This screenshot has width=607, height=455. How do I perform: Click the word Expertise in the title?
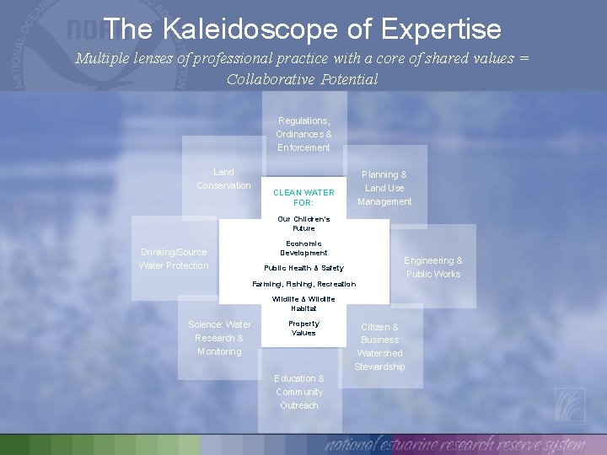click(441, 29)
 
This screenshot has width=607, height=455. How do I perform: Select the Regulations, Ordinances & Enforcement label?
click(303, 134)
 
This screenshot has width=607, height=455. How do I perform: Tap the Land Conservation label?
click(223, 179)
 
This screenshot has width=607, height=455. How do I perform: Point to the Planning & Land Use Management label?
click(384, 188)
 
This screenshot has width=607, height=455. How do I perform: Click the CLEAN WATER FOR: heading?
click(303, 197)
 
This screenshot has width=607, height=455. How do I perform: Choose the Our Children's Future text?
click(303, 223)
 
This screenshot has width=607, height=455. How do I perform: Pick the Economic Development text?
click(303, 248)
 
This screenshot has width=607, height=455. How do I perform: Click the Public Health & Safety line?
click(303, 268)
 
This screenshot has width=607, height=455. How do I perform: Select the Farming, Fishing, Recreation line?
click(303, 284)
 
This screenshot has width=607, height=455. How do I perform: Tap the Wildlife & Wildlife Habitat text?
click(303, 303)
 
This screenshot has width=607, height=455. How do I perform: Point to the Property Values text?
click(303, 328)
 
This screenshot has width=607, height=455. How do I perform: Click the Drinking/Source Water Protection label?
click(174, 259)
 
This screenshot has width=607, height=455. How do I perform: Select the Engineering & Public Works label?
click(433, 267)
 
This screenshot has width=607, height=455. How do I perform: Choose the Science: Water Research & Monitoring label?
click(219, 338)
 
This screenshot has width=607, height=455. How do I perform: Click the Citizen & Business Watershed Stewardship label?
click(379, 346)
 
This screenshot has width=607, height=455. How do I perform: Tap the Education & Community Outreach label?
click(299, 392)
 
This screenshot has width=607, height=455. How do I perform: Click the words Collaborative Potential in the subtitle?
click(303, 79)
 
